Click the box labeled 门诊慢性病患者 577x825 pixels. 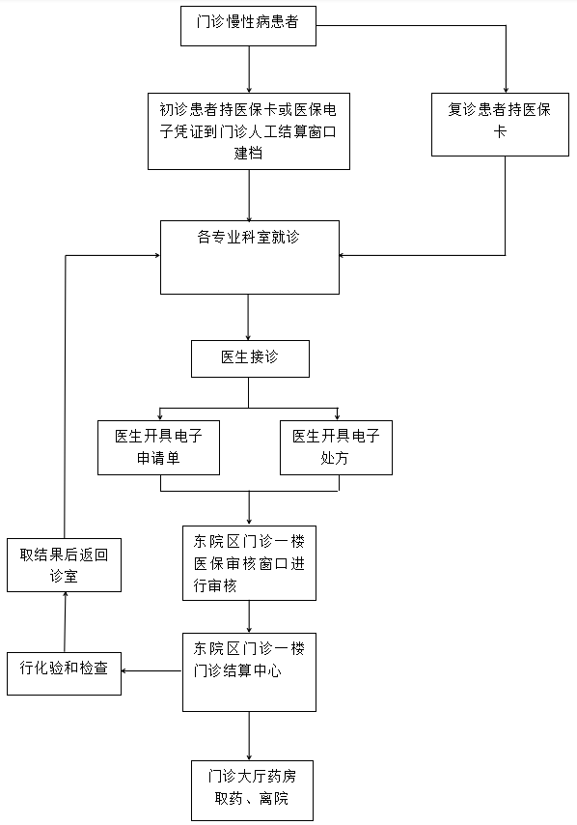pos(249,25)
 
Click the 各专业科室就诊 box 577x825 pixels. pos(250,257)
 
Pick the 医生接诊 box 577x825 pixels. pos(250,358)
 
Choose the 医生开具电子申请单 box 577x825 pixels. pos(159,447)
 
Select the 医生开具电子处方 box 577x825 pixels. pos(336,447)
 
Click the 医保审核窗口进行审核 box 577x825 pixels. pos(249,563)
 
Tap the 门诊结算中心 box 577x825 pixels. pos(249,671)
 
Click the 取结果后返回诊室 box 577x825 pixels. pos(64,565)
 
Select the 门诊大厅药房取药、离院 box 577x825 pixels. pos(250,788)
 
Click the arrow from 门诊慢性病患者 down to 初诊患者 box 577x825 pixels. pos(249,67)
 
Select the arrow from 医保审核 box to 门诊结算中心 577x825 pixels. pos(249,616)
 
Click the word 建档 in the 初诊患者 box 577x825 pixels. pos(250,153)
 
